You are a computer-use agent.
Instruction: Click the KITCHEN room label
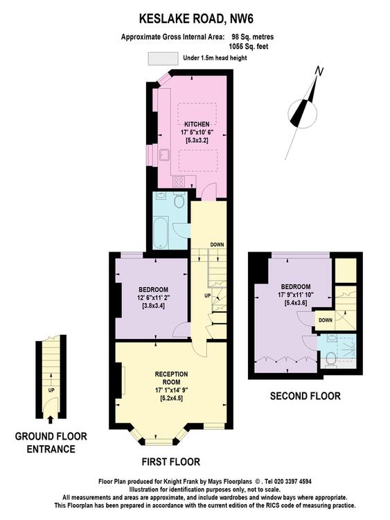[197, 124]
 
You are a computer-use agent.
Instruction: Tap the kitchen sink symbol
[165, 155]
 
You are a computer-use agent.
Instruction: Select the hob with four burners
[179, 182]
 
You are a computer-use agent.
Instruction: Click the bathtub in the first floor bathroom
[161, 232]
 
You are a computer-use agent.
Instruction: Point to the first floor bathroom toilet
[179, 200]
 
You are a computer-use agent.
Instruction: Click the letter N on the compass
[319, 71]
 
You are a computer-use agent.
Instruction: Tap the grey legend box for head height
[163, 58]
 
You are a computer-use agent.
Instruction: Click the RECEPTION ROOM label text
[171, 378]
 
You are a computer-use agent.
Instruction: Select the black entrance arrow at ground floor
[51, 420]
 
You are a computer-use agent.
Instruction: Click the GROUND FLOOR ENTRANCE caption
[51, 443]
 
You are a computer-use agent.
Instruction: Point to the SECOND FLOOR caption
[305, 396]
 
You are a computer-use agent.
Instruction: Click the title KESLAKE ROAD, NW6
[196, 19]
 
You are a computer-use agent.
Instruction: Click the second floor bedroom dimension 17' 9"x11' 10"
[296, 295]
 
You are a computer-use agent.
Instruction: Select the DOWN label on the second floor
[326, 320]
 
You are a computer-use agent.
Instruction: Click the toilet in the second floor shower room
[330, 359]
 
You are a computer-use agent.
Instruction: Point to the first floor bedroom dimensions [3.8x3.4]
[153, 305]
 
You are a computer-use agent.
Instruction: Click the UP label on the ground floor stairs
[51, 390]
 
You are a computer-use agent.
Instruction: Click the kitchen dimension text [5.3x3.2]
[197, 140]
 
